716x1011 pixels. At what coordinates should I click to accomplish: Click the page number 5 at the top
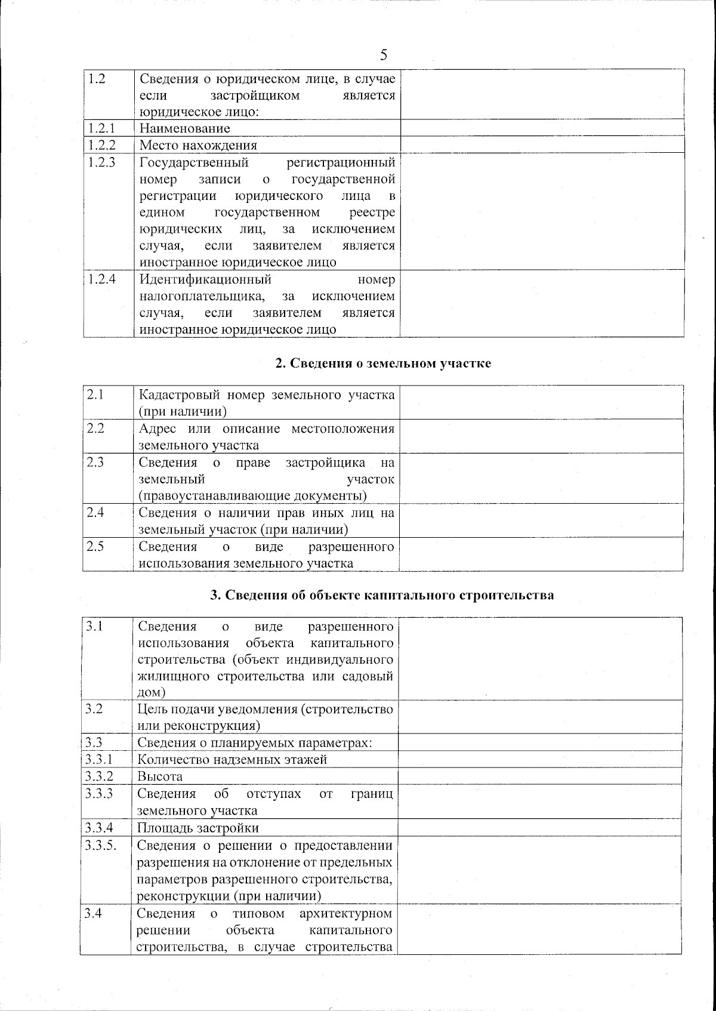pos(383,56)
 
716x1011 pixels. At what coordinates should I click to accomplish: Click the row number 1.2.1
pos(101,128)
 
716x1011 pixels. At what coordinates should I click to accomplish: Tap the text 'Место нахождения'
pos(198,145)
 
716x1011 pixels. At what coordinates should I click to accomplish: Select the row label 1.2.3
pos(101,162)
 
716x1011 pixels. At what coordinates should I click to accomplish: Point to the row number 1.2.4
pos(101,279)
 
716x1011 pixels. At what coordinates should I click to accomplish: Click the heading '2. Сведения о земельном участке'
pos(383,363)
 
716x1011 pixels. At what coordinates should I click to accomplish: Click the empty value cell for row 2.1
pos(541,402)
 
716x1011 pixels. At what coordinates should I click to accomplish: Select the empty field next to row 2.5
pos(541,554)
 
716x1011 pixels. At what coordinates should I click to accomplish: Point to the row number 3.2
pos(94,709)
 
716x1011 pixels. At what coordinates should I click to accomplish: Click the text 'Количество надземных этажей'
pos(232,760)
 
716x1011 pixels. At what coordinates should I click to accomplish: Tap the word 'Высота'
pos(160,776)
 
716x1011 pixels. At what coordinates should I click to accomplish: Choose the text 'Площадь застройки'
pos(198,828)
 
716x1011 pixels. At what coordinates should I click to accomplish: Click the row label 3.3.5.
pos(100,845)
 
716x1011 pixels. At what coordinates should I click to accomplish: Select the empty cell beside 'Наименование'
pos(541,128)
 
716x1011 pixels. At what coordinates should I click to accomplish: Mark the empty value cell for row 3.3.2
pos(540,776)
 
